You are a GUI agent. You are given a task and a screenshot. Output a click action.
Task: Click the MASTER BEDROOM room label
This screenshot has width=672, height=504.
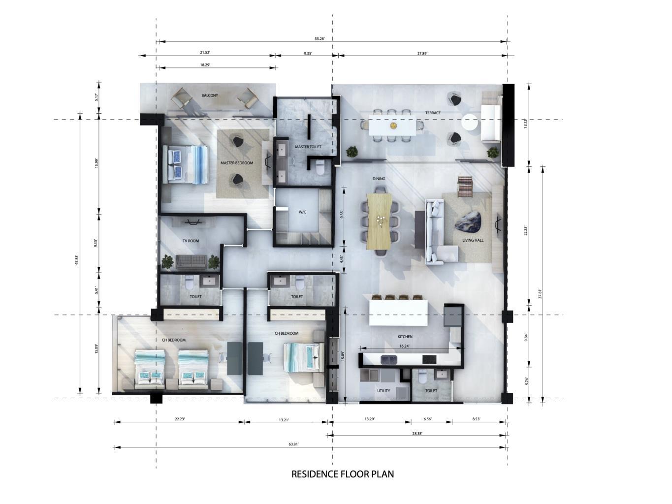237,163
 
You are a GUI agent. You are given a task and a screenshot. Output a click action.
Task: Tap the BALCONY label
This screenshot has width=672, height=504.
210,95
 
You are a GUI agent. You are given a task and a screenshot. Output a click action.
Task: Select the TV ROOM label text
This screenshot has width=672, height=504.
191,241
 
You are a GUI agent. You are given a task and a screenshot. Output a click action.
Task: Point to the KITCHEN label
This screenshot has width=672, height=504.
405,337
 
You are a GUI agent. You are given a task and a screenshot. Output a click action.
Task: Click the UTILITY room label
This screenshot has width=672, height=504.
384,390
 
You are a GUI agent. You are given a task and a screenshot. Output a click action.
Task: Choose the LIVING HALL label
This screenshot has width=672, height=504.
473,240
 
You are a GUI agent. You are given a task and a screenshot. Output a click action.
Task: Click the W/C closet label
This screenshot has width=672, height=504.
302,212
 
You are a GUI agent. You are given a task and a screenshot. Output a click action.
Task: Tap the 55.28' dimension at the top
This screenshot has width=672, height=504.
320,38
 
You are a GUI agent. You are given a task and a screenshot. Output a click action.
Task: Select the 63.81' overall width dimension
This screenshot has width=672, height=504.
293,444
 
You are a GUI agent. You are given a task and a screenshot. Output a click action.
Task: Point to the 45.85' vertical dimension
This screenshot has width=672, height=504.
76,260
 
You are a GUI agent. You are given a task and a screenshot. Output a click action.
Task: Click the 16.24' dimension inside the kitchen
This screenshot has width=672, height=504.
404,346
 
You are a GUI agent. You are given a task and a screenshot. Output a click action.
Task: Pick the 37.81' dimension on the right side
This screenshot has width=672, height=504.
540,293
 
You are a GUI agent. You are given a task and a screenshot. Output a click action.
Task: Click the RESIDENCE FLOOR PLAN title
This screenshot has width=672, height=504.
343,474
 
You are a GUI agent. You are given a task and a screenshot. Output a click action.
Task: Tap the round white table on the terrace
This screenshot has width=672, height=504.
469,123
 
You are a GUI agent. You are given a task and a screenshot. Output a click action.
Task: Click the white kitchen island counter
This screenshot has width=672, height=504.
398,313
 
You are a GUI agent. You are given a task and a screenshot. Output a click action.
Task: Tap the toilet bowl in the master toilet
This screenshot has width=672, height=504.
320,168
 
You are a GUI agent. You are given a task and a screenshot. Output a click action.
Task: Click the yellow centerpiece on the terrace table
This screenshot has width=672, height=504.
392,125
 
